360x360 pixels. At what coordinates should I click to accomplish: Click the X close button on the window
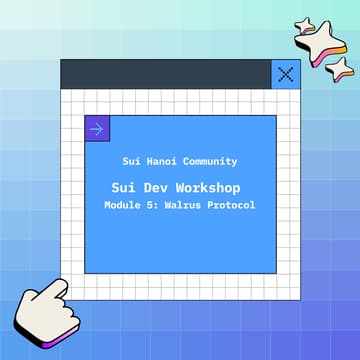click(x=286, y=74)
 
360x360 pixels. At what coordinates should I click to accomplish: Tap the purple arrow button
click(x=97, y=128)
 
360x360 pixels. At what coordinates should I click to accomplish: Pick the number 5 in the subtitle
click(x=156, y=205)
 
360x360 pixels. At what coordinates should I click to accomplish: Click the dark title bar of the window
click(x=165, y=74)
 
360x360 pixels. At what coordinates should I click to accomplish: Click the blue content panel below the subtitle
click(x=180, y=245)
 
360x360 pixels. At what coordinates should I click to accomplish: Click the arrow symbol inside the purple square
click(x=97, y=128)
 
